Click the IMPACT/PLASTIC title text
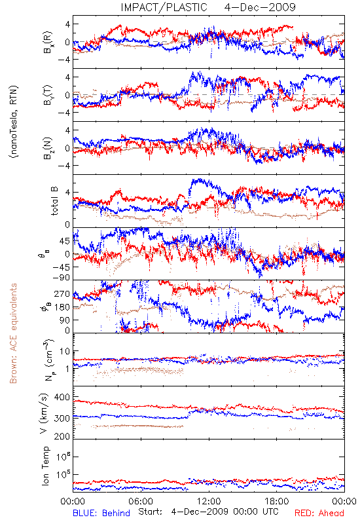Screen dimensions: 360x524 pyautogui.click(x=164, y=7)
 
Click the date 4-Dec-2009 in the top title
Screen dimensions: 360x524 pyautogui.click(x=260, y=7)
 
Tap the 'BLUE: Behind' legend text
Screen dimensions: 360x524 pyautogui.click(x=101, y=513)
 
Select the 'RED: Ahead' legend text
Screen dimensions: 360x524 pyautogui.click(x=319, y=513)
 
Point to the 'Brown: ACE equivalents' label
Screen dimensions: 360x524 pyautogui.click(x=13, y=333)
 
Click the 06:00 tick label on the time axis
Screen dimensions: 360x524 pyautogui.click(x=141, y=501)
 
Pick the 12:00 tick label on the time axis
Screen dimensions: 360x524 pyautogui.click(x=209, y=501)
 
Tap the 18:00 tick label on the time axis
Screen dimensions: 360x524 pyautogui.click(x=277, y=501)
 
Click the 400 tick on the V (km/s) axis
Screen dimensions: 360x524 pyautogui.click(x=62, y=398)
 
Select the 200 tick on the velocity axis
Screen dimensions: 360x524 pyautogui.click(x=62, y=436)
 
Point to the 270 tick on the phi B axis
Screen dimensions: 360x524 pyautogui.click(x=62, y=294)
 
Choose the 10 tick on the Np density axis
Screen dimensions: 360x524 pyautogui.click(x=65, y=352)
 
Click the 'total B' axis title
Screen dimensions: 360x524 pyautogui.click(x=54, y=201)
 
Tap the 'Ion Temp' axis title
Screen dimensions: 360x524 pyautogui.click(x=45, y=466)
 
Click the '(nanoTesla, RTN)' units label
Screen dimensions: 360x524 pyautogui.click(x=14, y=122)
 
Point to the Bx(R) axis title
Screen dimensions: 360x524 pyautogui.click(x=46, y=42)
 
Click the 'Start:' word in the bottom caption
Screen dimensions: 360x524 pyautogui.click(x=150, y=512)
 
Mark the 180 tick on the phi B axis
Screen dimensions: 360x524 pyautogui.click(x=62, y=307)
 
